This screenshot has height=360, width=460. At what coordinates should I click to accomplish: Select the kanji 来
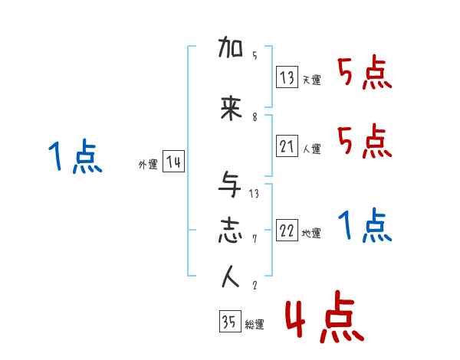click(231, 109)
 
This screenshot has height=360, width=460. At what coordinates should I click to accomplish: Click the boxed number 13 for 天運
click(287, 77)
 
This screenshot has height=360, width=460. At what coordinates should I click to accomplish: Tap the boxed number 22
click(287, 231)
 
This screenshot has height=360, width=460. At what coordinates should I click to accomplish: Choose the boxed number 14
click(173, 163)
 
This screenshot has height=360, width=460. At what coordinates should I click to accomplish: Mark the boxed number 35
click(229, 322)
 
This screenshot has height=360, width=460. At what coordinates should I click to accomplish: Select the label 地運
click(311, 234)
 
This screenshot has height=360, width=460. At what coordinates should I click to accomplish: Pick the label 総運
click(254, 325)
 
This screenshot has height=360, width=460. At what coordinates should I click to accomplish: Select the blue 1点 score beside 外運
click(74, 158)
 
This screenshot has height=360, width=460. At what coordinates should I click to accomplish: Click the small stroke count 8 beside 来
click(254, 117)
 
